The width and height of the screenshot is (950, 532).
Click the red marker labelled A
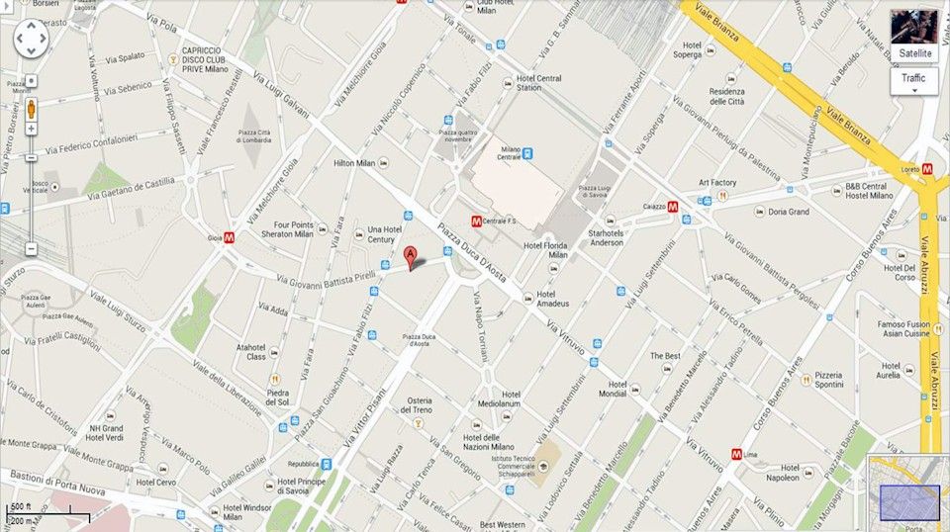pyautogui.click(x=411, y=256)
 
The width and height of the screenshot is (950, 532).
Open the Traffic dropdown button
pyautogui.click(x=913, y=80)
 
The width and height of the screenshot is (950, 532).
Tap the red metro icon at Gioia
pyautogui.click(x=230, y=237)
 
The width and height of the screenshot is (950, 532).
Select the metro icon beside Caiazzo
pyautogui.click(x=672, y=208)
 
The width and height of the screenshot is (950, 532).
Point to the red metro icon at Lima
pyautogui.click(x=736, y=453)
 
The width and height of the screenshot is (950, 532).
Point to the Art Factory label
pyautogui.click(x=717, y=183)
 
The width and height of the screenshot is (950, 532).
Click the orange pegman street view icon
pyautogui.click(x=31, y=107)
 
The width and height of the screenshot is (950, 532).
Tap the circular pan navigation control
pyautogui.click(x=30, y=40)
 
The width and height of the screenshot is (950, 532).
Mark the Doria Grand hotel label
pyautogui.click(x=788, y=212)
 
